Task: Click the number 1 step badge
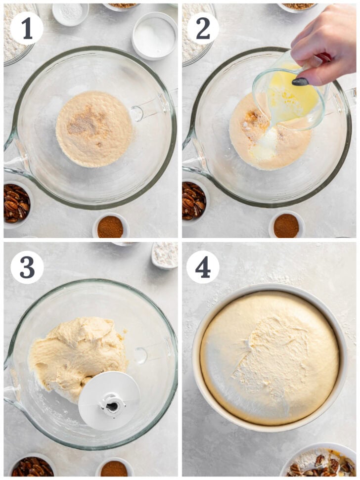click(27, 29)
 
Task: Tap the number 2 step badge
click(203, 29)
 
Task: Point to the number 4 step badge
click(203, 267)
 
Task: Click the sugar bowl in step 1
click(154, 36)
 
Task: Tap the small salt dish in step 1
click(71, 13)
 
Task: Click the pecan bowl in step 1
click(16, 203)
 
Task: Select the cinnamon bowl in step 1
click(110, 226)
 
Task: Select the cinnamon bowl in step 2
click(287, 225)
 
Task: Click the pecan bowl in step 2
click(193, 201)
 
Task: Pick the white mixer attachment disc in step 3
click(109, 400)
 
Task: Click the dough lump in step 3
click(74, 353)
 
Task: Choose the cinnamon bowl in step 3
click(114, 468)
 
